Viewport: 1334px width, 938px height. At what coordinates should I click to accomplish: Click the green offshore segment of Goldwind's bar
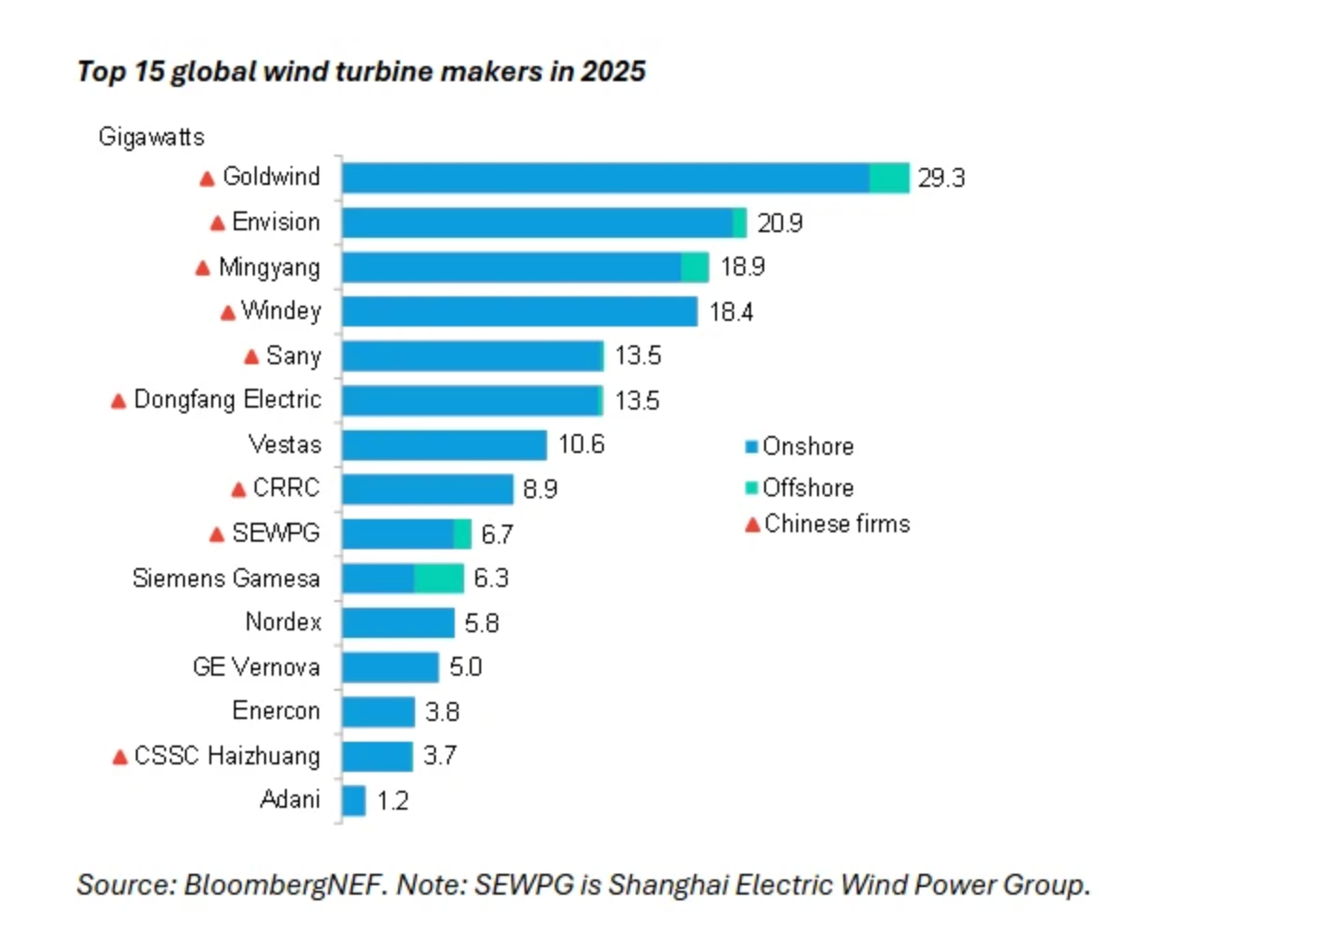889,177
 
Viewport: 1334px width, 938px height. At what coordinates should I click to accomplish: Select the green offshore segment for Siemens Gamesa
439,578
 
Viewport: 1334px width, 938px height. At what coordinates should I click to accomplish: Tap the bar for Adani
354,801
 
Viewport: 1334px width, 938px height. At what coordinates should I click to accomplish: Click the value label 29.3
941,178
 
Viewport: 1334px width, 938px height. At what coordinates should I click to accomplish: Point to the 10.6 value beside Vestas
581,444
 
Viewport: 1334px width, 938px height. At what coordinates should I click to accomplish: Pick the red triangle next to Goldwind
208,178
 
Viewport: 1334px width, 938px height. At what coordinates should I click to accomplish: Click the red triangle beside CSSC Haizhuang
120,757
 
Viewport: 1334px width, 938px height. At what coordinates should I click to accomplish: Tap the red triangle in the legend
752,525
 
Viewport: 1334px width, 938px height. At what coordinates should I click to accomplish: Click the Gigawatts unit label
151,138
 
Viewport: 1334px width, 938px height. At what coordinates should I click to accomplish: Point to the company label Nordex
283,622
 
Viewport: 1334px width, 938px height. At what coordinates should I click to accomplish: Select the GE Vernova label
256,667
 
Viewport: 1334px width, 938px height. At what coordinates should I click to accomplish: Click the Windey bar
519,311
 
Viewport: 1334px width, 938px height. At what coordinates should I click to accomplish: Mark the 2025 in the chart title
613,72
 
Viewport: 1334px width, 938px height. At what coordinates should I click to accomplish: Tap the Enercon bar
378,712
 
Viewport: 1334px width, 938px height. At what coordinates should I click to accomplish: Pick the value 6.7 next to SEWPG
497,535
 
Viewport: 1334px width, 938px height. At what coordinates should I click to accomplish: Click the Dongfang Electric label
226,400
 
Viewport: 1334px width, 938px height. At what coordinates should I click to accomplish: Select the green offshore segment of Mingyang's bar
694,267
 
